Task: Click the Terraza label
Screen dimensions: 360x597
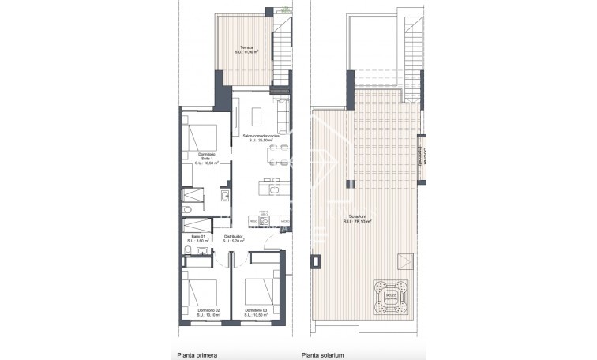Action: coord(246,48)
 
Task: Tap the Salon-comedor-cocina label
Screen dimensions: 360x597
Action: coord(260,137)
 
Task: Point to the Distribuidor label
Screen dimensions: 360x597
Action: coord(232,237)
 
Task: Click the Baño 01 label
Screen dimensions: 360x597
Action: coord(198,237)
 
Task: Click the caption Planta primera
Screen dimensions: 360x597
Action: coord(197,354)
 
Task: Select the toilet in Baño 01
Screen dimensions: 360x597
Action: coord(184,252)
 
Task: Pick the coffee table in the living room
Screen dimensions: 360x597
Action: coord(255,116)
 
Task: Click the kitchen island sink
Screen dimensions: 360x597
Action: coord(272,189)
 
